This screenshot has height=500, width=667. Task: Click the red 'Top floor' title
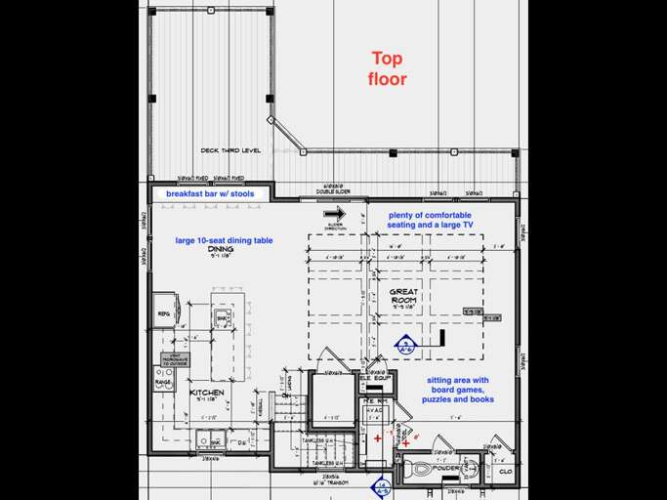(387, 68)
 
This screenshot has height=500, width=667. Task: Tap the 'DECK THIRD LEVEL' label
(232, 150)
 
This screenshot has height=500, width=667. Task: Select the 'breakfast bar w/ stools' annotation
(209, 194)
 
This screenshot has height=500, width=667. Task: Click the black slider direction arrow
(335, 213)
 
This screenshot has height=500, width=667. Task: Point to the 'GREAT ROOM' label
(404, 297)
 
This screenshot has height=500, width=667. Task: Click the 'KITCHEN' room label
(206, 393)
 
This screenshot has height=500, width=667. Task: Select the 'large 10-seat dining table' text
(224, 239)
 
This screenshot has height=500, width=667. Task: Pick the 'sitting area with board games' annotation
(457, 390)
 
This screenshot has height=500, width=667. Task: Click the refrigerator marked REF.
(164, 313)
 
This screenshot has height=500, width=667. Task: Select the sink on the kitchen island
(222, 319)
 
